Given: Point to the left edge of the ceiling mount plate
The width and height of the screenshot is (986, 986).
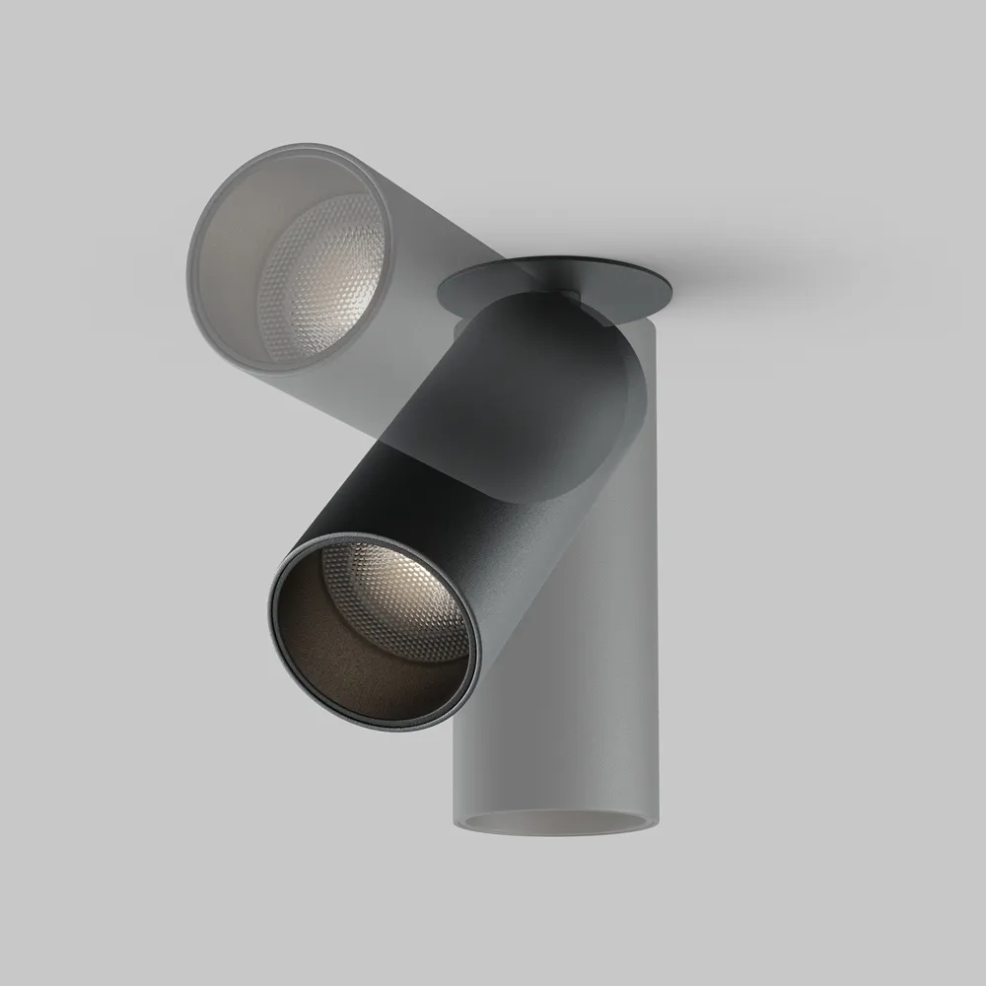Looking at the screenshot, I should click(441, 291).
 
